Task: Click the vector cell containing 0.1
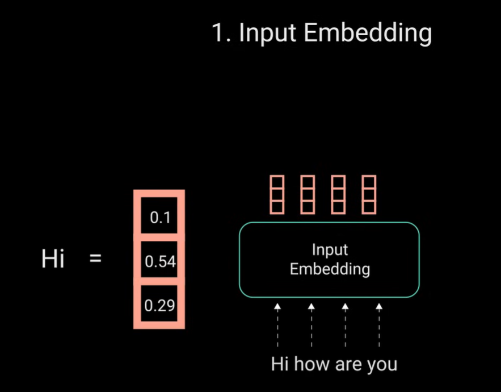click(x=159, y=218)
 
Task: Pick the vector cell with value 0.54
click(x=159, y=262)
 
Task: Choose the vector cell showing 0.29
click(x=159, y=306)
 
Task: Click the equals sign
click(x=96, y=259)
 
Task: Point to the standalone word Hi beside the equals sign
click(x=53, y=260)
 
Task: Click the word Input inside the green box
click(x=330, y=250)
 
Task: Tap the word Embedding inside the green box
click(x=330, y=269)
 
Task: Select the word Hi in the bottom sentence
click(x=280, y=364)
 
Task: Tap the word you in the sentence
click(x=382, y=364)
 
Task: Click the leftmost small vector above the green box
click(x=277, y=195)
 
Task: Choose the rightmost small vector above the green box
click(x=369, y=195)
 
